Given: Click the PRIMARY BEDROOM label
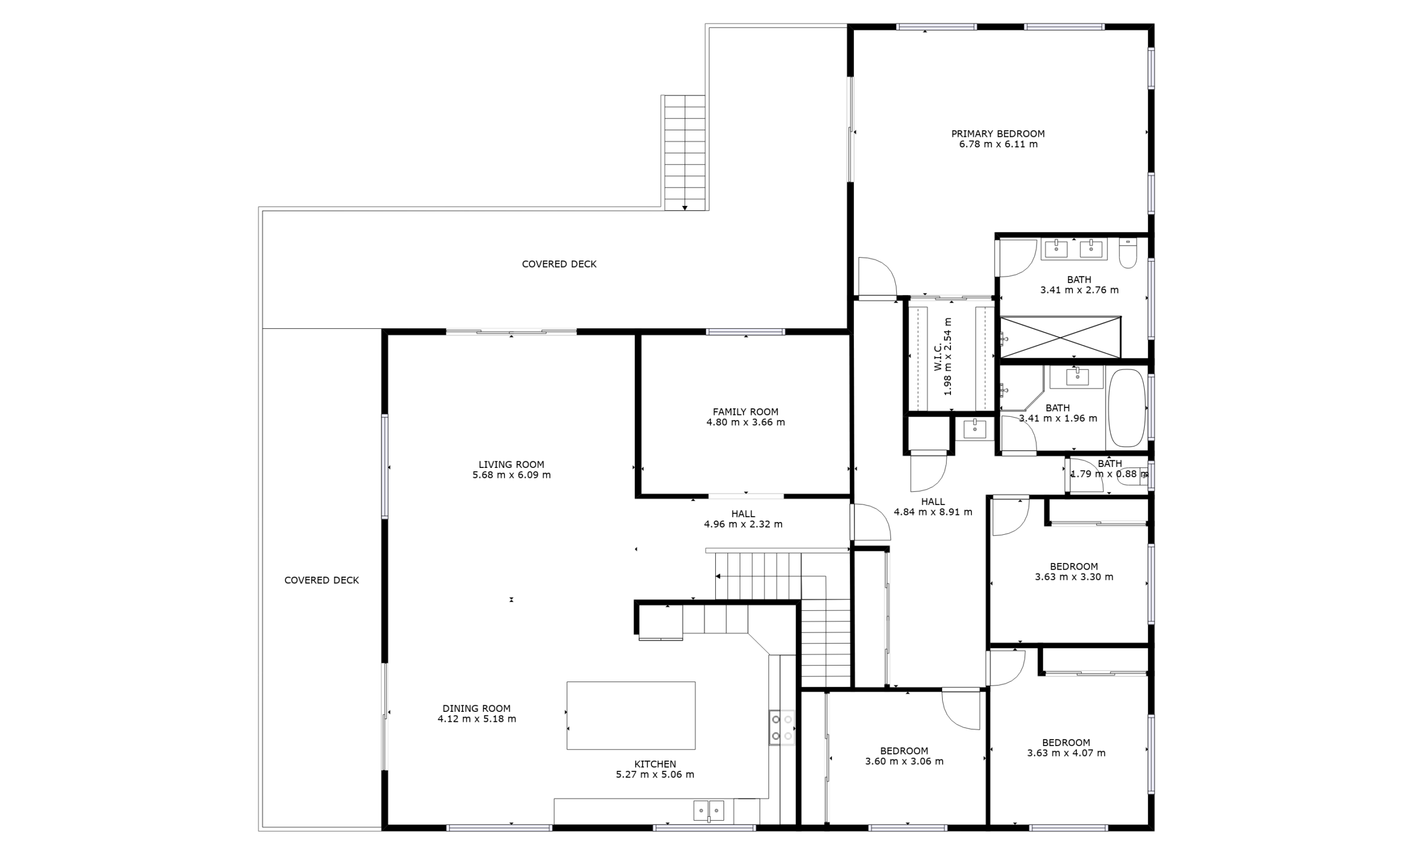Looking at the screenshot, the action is (998, 134).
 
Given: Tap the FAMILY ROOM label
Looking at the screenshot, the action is (746, 412).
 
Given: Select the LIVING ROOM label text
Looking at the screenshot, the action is (512, 465).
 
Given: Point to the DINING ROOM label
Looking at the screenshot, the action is (476, 709).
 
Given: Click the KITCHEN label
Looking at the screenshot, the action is (655, 764).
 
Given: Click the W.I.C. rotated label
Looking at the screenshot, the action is (938, 357).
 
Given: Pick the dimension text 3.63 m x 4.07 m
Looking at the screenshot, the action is (1066, 753).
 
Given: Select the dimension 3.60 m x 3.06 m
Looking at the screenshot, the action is (904, 762).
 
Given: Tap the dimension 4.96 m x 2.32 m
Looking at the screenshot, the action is (743, 524).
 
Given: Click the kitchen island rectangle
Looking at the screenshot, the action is (631, 716).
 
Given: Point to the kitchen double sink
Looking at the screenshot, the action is (709, 811).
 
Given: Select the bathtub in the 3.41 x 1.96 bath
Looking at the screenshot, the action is (1127, 408).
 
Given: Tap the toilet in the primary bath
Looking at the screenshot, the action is (1128, 253).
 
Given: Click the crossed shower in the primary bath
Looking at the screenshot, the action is (1060, 337).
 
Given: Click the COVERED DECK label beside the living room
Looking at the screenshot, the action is (322, 580).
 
